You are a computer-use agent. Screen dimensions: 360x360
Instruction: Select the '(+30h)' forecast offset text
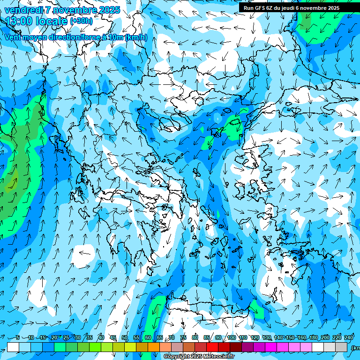point(81,21)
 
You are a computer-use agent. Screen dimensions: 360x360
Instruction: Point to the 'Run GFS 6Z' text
point(257,7)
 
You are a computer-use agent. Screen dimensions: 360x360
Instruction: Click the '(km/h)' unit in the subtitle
point(136,37)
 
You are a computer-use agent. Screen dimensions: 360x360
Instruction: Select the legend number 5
point(18,337)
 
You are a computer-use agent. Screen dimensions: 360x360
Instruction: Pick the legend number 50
point(125,337)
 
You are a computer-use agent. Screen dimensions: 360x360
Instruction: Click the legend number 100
point(232,337)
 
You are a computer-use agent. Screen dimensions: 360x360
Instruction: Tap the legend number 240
point(349,337)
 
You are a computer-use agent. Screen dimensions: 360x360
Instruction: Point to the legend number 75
point(183,337)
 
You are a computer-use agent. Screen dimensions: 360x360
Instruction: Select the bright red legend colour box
point(212,347)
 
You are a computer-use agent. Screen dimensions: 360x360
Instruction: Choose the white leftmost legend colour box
point(13,347)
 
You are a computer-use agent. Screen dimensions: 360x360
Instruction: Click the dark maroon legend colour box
point(236,347)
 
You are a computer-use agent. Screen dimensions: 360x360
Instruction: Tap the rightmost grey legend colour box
point(341,347)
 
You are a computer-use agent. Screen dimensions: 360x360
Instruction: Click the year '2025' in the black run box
point(332,7)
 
